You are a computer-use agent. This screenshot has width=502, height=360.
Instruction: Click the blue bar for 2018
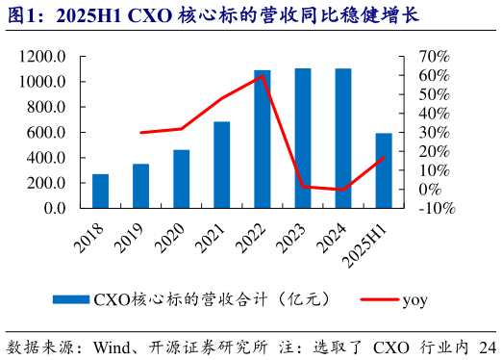pos(100,191)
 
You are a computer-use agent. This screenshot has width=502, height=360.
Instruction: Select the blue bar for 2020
pos(181,179)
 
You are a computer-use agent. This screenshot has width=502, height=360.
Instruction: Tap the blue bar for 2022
pos(262,139)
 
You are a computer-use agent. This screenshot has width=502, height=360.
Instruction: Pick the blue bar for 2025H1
pos(384,170)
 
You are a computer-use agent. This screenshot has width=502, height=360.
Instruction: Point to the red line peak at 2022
pos(262,76)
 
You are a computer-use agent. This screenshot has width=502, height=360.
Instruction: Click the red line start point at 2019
pos(140,133)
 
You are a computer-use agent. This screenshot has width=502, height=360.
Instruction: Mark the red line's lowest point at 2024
pos(342,190)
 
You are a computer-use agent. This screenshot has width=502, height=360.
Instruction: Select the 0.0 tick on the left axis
pos(54,208)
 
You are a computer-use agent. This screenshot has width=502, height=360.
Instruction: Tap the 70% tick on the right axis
pos(430,57)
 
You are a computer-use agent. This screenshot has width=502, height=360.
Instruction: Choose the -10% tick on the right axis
pos(432,208)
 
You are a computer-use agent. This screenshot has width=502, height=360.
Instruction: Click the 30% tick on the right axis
pos(430,132)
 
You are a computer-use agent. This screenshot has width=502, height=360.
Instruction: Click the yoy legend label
pos(414,299)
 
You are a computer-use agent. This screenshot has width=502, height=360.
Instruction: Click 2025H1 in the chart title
pos(89,15)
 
